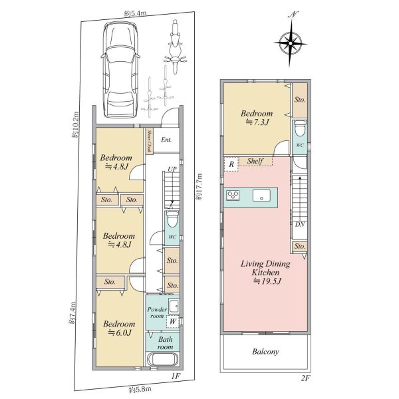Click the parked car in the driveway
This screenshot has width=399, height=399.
(x=120, y=70)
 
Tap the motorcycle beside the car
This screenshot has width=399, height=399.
(x=176, y=47)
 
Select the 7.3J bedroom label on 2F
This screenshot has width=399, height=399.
(x=257, y=118)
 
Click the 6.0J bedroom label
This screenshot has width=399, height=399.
(x=119, y=329)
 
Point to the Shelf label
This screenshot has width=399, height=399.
(x=255, y=161)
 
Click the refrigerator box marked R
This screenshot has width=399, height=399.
(x=231, y=164)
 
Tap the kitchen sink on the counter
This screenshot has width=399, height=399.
(x=261, y=196)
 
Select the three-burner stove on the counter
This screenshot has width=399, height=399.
(x=233, y=195)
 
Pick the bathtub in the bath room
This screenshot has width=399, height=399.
(x=163, y=359)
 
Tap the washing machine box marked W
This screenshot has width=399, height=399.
(x=173, y=321)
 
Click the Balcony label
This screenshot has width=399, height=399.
(x=265, y=352)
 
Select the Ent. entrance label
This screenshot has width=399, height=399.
(x=166, y=140)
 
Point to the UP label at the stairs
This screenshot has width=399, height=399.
(x=172, y=169)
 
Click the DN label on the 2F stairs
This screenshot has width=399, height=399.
(x=300, y=225)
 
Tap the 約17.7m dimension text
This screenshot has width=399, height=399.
(x=199, y=186)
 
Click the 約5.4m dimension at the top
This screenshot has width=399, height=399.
(x=136, y=14)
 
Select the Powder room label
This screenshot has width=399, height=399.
(x=157, y=313)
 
